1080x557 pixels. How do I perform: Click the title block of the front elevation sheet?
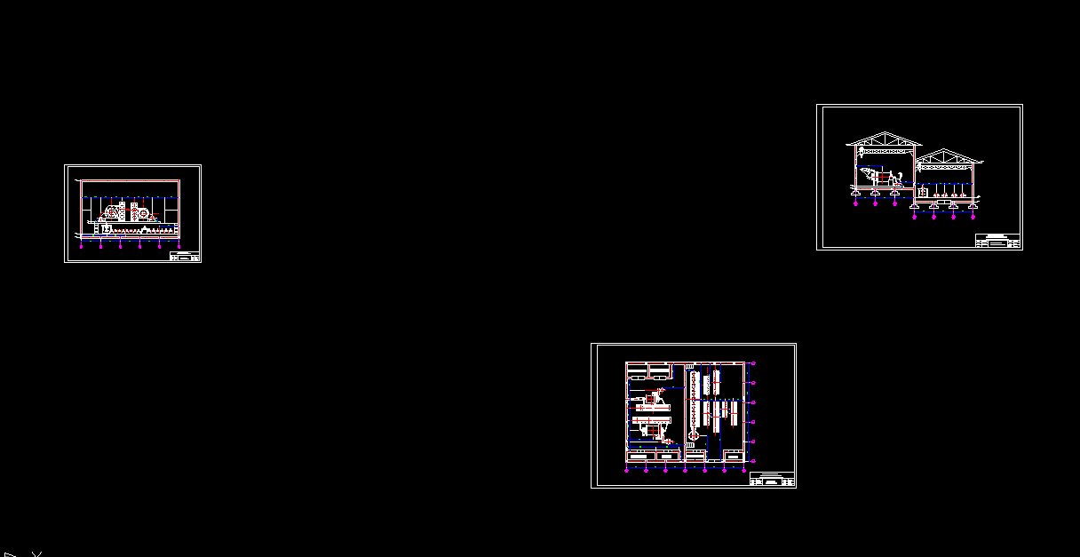click(185, 257)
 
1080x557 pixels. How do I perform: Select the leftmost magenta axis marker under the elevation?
click(81, 247)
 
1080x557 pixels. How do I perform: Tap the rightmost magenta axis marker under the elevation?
click(179, 247)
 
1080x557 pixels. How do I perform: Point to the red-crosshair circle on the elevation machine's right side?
click(142, 214)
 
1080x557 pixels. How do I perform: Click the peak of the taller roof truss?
click(884, 134)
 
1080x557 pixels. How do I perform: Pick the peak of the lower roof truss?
click(948, 151)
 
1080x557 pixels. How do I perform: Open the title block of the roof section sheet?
click(997, 241)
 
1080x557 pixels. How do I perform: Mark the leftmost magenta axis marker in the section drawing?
click(855, 204)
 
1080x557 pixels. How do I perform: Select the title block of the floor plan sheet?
click(771, 480)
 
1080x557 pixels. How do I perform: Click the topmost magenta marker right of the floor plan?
click(754, 363)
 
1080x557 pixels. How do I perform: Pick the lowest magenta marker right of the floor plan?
click(754, 461)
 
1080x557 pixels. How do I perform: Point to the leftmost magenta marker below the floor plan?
click(627, 471)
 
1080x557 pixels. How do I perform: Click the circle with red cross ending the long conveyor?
click(693, 436)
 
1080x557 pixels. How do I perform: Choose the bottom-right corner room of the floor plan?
click(734, 455)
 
